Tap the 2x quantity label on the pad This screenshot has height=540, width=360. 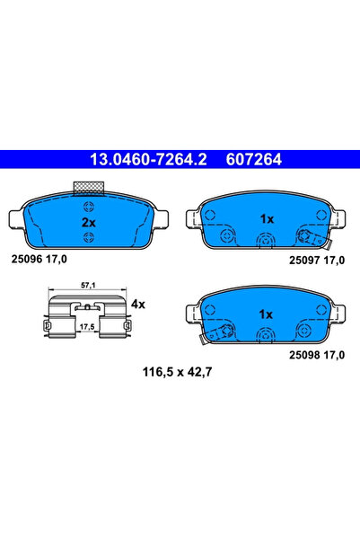pos(89,221)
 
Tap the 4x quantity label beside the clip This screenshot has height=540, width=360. pos(137,305)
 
